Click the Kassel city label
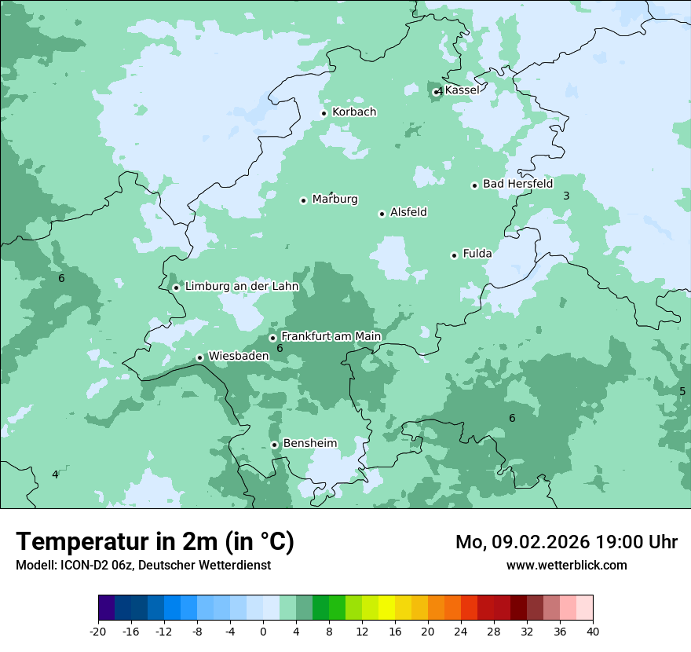[462, 90]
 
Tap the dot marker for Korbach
[324, 113]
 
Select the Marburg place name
[335, 200]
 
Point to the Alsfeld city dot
[382, 214]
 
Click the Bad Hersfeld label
[517, 184]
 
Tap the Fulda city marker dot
[454, 255]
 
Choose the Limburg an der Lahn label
[241, 287]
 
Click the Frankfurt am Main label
[331, 337]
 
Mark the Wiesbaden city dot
[199, 357]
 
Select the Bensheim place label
[309, 443]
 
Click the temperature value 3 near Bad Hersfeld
[566, 196]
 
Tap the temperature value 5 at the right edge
[682, 391]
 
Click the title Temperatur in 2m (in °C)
[155, 542]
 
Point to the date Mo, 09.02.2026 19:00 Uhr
[566, 542]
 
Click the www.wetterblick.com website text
[566, 565]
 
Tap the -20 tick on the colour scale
[98, 631]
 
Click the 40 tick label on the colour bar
[593, 631]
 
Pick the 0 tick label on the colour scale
[263, 631]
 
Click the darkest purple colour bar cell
[107, 608]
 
